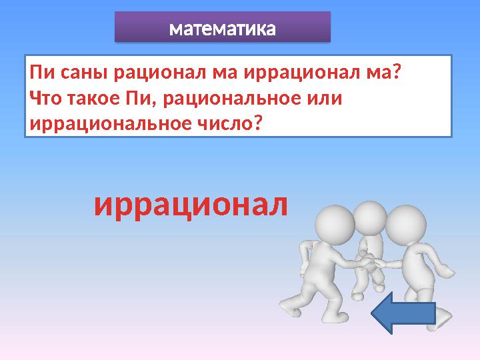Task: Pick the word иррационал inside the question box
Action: pos(292,71)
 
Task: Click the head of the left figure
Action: pos(335,225)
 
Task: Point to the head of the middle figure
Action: pos(369,217)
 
